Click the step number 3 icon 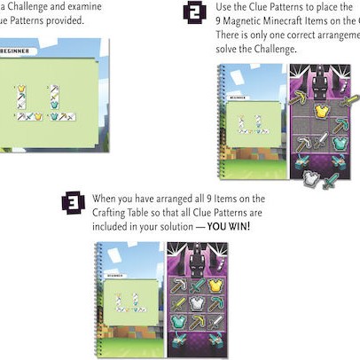(73, 203)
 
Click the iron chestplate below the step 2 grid (310, 177)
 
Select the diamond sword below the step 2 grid (331, 181)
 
